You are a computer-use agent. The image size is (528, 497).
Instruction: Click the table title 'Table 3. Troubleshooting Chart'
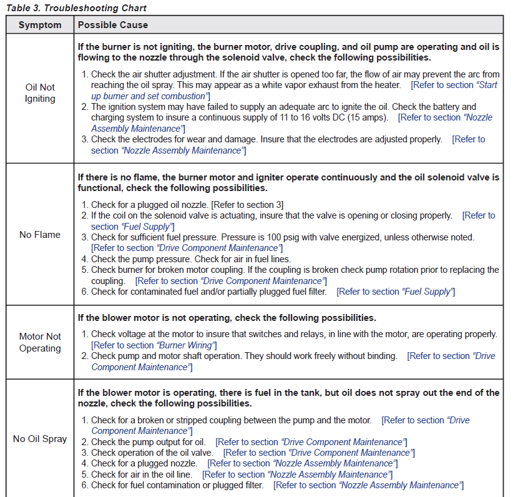[x=76, y=8]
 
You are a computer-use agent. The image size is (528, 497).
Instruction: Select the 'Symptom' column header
[x=40, y=25]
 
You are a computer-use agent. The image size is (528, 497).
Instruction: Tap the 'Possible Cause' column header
[x=112, y=25]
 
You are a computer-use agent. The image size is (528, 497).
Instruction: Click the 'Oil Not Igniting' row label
[x=40, y=93]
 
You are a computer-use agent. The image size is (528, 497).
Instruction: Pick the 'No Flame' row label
[x=40, y=235]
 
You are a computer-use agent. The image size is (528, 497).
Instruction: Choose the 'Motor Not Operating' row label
[x=40, y=342]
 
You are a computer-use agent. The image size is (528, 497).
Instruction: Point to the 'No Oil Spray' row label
[x=40, y=439]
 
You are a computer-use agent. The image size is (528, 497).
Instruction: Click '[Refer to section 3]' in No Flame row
[x=248, y=205]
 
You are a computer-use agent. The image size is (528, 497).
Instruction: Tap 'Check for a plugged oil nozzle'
[x=150, y=205]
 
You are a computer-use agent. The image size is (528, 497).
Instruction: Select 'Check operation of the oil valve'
[x=152, y=453]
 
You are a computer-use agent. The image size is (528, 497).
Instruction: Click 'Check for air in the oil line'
[x=144, y=475]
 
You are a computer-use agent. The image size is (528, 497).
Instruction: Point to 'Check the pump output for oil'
[x=148, y=442]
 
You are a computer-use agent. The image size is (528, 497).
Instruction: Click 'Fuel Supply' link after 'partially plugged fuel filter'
[x=427, y=292]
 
